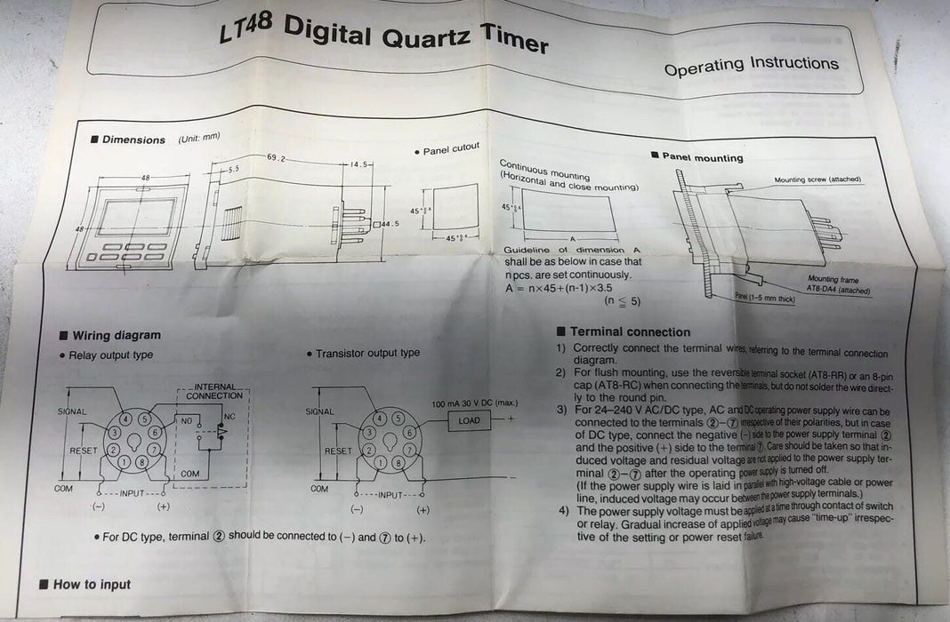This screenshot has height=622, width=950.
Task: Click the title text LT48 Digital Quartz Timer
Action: tap(383, 36)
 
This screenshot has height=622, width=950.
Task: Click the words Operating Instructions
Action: tap(751, 65)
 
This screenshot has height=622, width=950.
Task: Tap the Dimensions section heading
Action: tap(133, 140)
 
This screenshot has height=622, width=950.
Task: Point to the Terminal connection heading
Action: tap(630, 331)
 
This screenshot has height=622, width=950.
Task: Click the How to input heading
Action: tap(91, 584)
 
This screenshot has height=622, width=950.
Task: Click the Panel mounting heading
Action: tap(702, 157)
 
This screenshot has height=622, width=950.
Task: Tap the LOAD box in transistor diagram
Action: tap(469, 420)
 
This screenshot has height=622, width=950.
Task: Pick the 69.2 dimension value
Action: tap(278, 157)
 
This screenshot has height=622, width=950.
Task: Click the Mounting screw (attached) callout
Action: tap(817, 179)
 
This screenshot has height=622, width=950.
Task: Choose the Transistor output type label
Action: tap(368, 353)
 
